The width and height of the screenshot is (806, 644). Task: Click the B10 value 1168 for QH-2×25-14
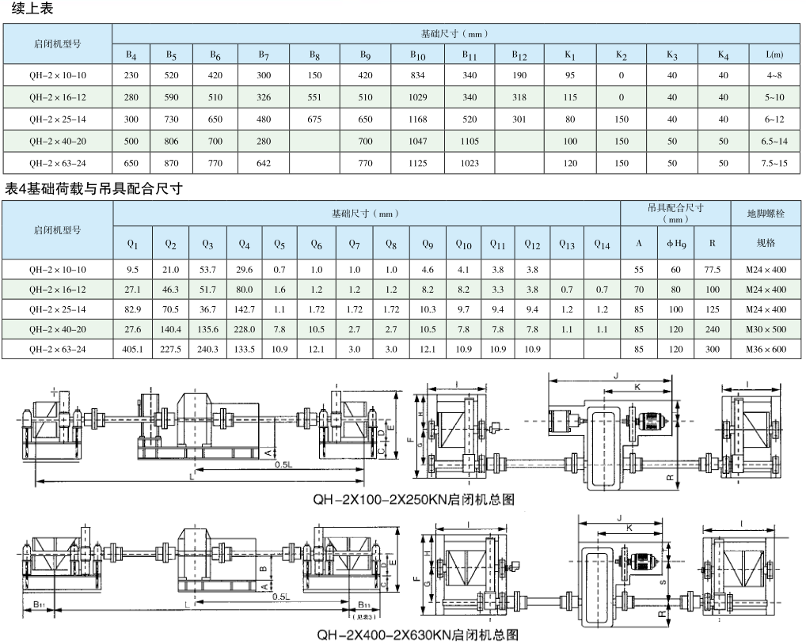[417, 119]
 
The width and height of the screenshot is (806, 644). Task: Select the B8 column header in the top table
[314, 55]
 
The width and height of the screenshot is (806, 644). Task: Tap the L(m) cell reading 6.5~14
[774, 142]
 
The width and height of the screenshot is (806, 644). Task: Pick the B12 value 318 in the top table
[519, 97]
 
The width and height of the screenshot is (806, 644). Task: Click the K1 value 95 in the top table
[570, 75]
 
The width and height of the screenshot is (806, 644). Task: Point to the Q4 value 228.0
[244, 329]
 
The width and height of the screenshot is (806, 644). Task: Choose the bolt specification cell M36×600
[766, 349]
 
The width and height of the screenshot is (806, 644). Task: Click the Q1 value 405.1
[133, 349]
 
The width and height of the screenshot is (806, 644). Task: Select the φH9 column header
[676, 244]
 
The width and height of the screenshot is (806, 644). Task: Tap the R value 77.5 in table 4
[712, 270]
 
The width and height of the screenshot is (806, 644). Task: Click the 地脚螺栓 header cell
[766, 213]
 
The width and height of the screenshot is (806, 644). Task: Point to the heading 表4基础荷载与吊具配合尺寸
[93, 189]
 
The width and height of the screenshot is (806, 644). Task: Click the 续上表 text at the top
[32, 9]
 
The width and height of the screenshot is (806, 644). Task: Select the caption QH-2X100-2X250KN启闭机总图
[414, 499]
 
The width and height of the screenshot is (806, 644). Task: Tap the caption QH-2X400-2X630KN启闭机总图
[417, 635]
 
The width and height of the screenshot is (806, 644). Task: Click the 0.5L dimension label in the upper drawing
[283, 464]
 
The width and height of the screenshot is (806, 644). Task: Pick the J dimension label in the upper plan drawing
[616, 377]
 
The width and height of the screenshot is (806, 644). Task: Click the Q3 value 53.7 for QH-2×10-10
[207, 270]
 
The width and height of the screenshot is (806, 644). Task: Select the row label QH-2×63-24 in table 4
[58, 349]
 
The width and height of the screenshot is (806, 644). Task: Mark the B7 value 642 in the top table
[263, 163]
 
